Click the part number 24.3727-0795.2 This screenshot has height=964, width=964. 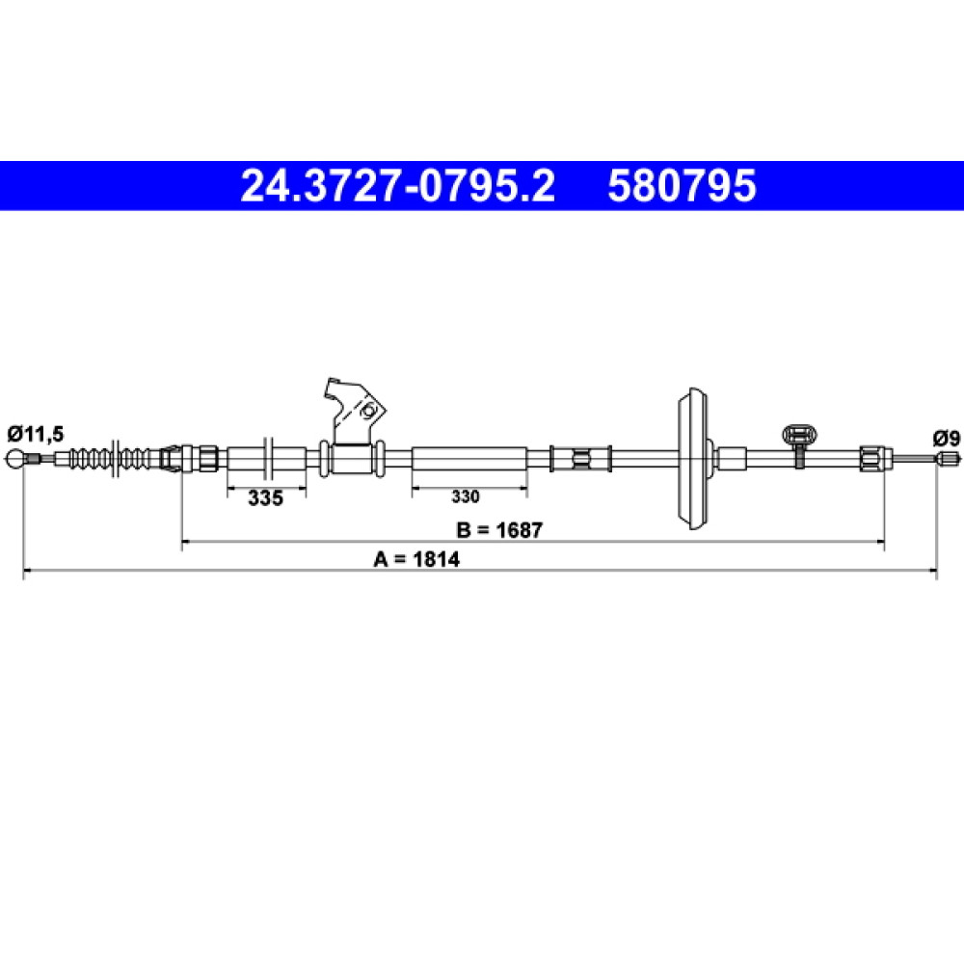[x=398, y=186]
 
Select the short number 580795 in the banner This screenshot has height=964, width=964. [x=682, y=186]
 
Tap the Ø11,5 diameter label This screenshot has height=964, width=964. [x=35, y=434]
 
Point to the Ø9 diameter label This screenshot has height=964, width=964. [x=947, y=439]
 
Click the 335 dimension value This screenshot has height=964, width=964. [x=266, y=498]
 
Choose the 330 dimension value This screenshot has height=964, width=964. [x=466, y=496]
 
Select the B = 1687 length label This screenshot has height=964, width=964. [x=499, y=530]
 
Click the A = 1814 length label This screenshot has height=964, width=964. [x=416, y=559]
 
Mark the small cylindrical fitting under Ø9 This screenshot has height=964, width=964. [x=949, y=458]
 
